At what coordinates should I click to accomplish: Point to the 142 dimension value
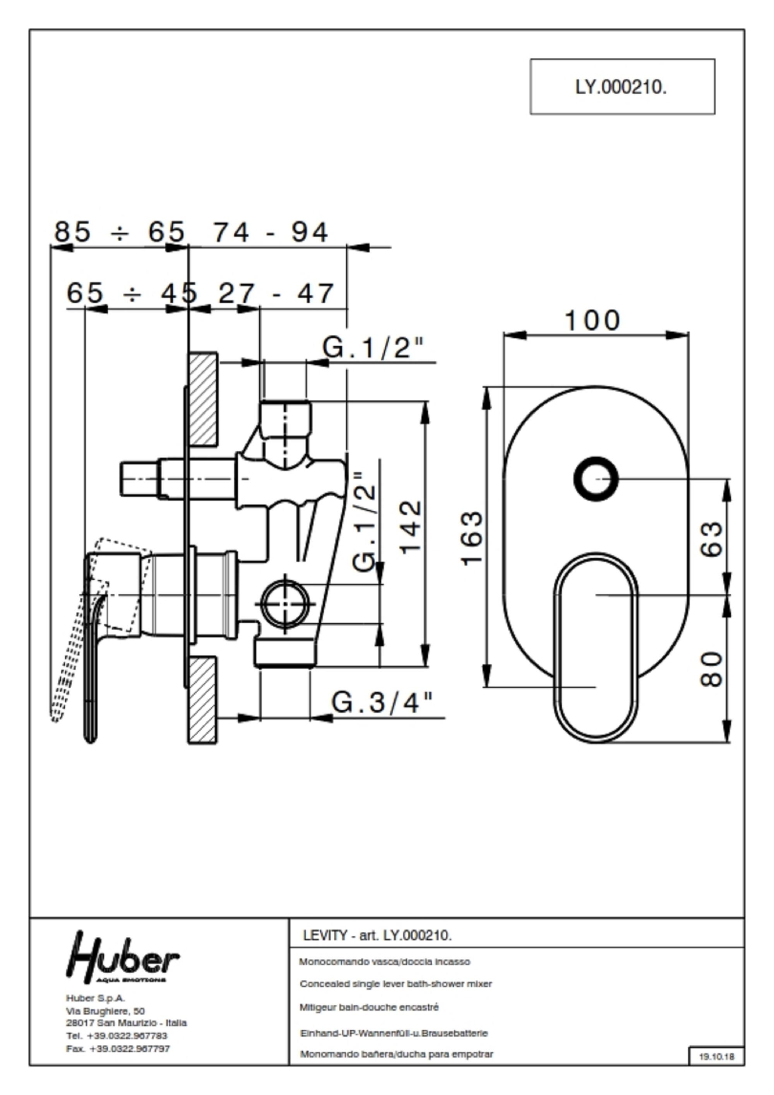[410, 527]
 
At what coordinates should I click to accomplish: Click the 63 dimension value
[712, 539]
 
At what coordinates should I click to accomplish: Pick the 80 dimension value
[712, 669]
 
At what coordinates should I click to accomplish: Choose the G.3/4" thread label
[382, 702]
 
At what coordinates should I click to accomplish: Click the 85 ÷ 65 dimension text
[119, 232]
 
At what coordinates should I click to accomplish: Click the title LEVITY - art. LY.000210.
[377, 936]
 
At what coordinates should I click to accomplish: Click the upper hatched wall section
[203, 400]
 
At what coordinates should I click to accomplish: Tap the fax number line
[118, 1049]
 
